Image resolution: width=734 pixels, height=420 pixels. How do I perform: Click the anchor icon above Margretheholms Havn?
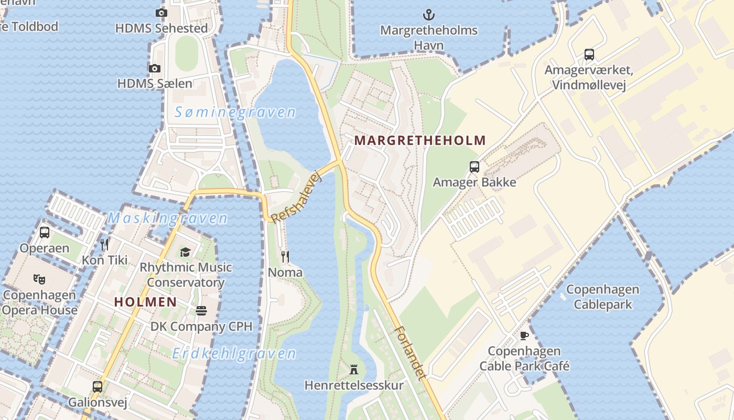[429, 14]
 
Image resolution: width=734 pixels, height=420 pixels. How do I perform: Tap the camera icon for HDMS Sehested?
[161, 13]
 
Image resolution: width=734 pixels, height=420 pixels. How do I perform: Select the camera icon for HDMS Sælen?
[154, 68]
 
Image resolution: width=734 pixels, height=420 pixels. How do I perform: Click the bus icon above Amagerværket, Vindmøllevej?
[589, 54]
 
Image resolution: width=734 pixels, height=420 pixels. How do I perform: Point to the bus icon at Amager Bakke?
[474, 167]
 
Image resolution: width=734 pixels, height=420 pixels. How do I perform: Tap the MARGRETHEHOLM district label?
[420, 141]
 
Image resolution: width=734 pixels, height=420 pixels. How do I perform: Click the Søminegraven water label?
[235, 112]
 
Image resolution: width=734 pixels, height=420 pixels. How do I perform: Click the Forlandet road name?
[409, 353]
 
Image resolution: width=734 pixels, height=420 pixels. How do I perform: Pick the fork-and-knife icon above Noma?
[285, 256]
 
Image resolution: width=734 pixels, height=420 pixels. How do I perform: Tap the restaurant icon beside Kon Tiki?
[104, 244]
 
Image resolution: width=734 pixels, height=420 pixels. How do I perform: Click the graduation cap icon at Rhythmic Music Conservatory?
[185, 253]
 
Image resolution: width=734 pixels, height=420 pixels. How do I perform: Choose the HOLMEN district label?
[145, 302]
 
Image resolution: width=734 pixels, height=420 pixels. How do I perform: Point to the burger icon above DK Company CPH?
[201, 311]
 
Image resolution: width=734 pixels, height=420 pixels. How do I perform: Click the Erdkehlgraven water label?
[234, 353]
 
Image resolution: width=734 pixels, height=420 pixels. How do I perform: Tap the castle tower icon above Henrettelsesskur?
[354, 370]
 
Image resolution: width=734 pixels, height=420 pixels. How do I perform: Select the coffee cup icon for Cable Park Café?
[524, 335]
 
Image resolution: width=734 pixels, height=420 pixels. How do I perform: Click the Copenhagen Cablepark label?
[602, 297]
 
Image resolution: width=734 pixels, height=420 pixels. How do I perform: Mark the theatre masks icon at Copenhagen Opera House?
[39, 279]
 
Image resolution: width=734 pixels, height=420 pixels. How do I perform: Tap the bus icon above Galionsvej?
[98, 387]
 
